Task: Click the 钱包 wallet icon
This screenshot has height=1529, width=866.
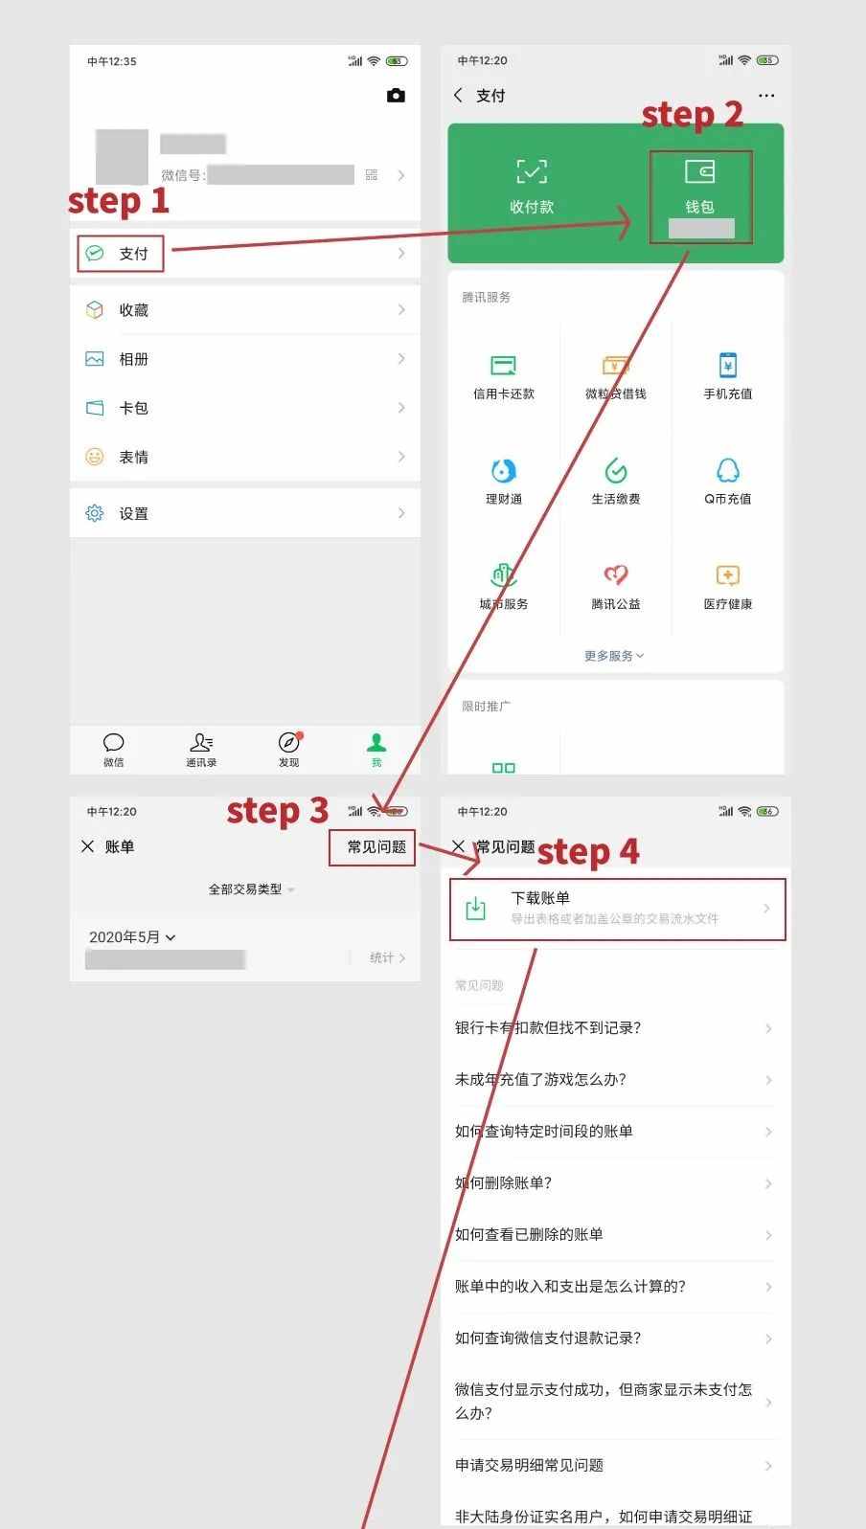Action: click(699, 173)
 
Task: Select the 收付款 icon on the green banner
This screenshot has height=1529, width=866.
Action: click(532, 173)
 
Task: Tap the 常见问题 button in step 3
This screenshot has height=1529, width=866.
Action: click(376, 847)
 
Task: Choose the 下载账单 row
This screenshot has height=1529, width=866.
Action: click(616, 908)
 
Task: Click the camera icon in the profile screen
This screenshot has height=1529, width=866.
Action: click(396, 96)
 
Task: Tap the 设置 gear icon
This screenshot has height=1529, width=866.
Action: click(95, 513)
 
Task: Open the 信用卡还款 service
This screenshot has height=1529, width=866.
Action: click(504, 367)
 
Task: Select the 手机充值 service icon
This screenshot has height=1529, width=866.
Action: click(727, 367)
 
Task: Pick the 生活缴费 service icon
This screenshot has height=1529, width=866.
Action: click(615, 471)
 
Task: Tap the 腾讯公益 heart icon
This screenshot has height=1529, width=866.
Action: click(615, 575)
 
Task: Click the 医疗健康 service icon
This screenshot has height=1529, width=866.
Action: click(727, 575)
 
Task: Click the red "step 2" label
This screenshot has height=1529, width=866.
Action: click(692, 115)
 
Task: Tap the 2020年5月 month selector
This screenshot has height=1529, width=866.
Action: click(132, 937)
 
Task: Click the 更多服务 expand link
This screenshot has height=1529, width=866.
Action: click(614, 656)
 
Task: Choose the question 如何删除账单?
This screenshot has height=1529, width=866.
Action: click(504, 1183)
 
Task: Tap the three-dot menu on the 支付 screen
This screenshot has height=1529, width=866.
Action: click(766, 96)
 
